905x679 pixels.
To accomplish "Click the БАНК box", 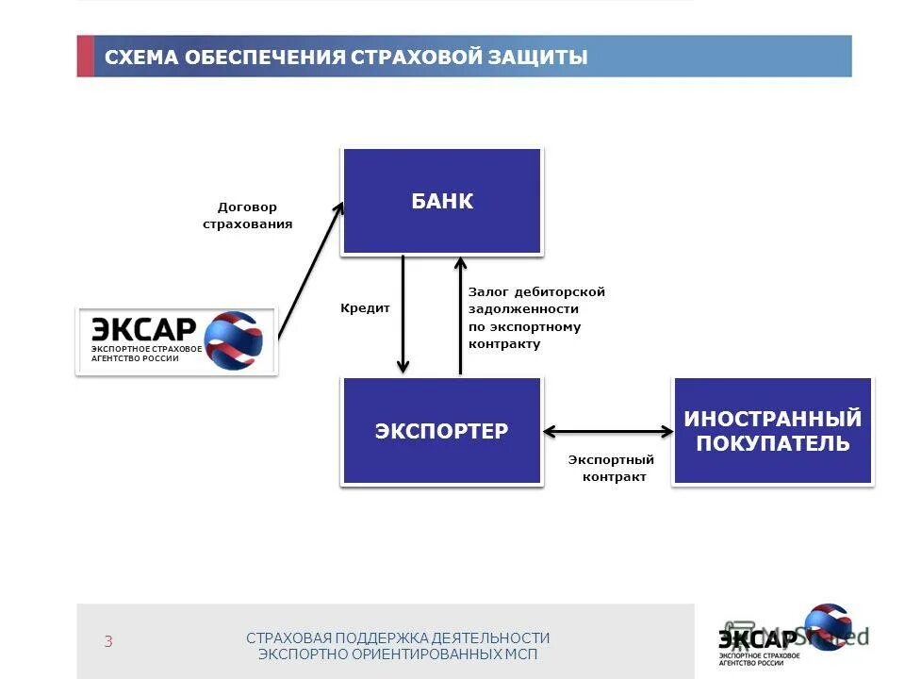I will pyautogui.click(x=441, y=201).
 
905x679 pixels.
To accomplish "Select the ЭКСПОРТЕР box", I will pyautogui.click(x=441, y=431).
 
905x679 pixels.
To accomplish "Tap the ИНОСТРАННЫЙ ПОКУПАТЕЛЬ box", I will pyautogui.click(x=773, y=431).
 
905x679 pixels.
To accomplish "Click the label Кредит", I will pyautogui.click(x=365, y=307).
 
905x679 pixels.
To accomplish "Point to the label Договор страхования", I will pyautogui.click(x=248, y=216).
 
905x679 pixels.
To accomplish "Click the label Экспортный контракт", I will pyautogui.click(x=612, y=469).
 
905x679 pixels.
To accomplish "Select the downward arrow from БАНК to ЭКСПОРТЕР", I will pyautogui.click(x=403, y=316).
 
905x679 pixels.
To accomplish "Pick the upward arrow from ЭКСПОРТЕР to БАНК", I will pyautogui.click(x=460, y=316).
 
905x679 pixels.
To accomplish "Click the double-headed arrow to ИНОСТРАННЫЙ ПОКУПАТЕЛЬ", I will pyautogui.click(x=608, y=432).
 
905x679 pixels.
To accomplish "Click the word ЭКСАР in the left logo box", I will pyautogui.click(x=143, y=330).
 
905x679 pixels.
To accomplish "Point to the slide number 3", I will pyautogui.click(x=108, y=642).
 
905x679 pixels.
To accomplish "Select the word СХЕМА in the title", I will pyautogui.click(x=140, y=58).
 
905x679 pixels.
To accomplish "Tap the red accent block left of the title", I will pyautogui.click(x=85, y=56).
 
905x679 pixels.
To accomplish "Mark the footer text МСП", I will pyautogui.click(x=519, y=654).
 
